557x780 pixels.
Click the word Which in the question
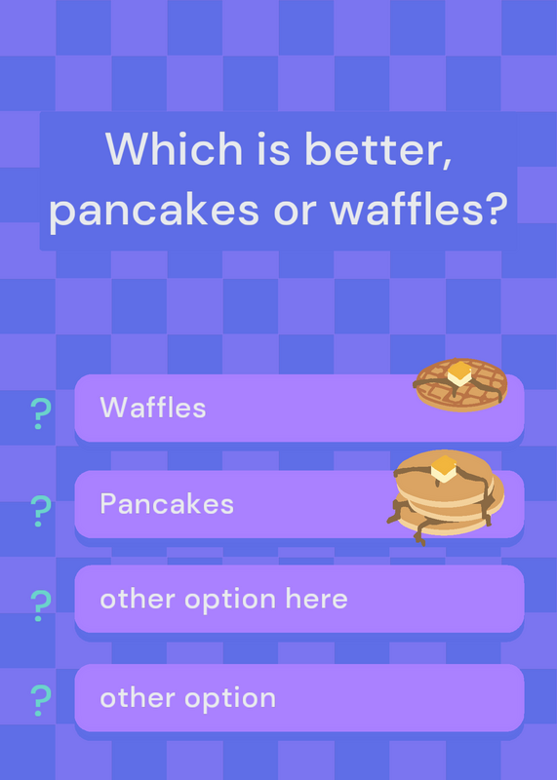(174, 148)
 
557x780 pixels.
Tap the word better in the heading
(378, 149)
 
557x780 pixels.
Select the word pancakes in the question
(154, 210)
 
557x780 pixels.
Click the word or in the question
(295, 212)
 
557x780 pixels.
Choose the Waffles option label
(153, 408)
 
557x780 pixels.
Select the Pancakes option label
(167, 503)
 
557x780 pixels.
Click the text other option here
(224, 600)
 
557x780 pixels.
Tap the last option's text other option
(188, 698)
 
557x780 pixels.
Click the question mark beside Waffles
(41, 413)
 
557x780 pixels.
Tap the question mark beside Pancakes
(41, 511)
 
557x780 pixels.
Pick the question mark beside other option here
(41, 605)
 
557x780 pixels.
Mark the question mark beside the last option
(41, 700)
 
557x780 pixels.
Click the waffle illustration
(460, 385)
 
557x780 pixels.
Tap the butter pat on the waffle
(459, 373)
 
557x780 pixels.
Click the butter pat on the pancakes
(444, 469)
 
